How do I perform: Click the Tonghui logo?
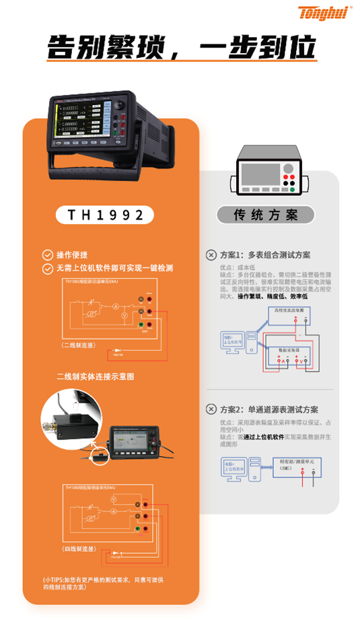pos(322,13)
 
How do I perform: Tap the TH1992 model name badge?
pos(106,215)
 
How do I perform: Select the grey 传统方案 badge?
pos(265,215)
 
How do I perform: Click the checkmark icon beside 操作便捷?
pos(47,255)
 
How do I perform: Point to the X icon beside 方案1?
pos(211,256)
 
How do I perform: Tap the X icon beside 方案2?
pos(211,410)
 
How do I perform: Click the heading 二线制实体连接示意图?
pos(95,376)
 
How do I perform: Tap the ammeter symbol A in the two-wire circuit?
pos(115,307)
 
